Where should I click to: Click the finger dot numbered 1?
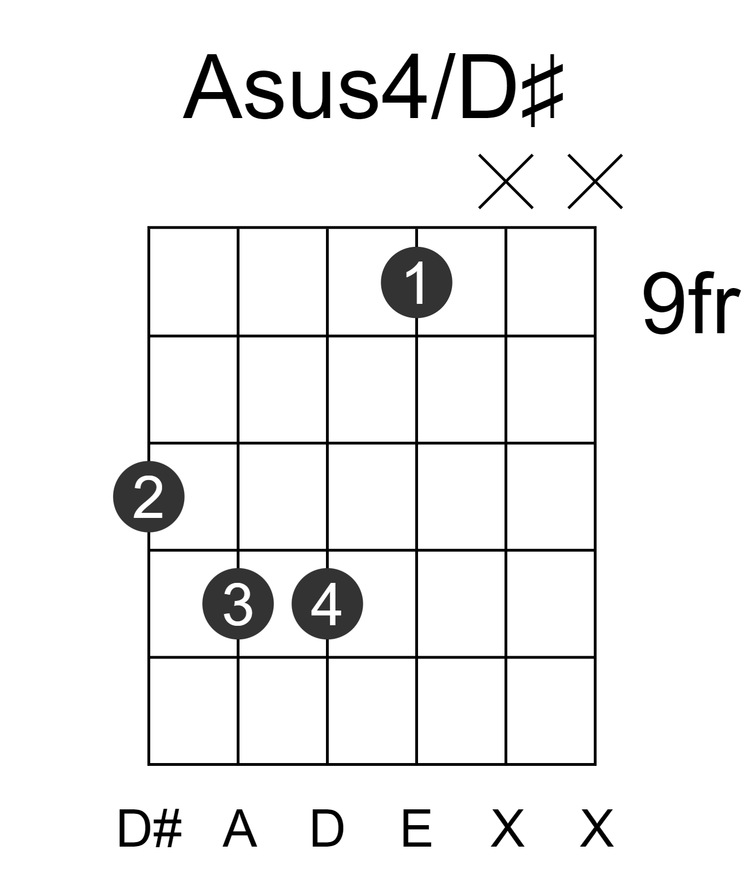[416, 282]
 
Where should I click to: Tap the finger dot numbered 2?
[149, 496]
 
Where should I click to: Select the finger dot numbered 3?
[238, 604]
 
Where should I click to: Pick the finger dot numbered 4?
[327, 604]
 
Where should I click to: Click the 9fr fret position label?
[691, 303]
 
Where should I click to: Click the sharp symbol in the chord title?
[543, 90]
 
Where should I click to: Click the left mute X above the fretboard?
[506, 181]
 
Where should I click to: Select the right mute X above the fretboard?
[595, 181]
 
